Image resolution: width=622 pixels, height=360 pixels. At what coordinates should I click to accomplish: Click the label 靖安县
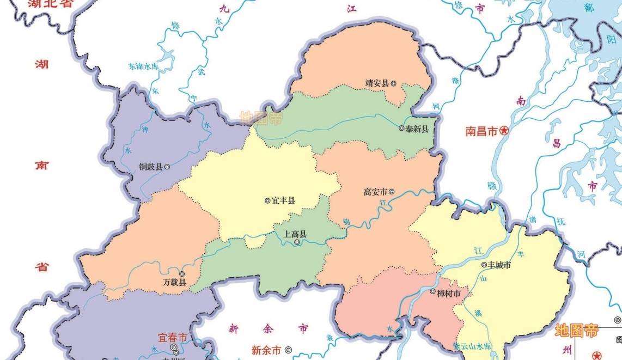pos(377,83)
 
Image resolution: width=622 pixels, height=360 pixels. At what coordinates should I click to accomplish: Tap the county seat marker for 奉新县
pos(401,129)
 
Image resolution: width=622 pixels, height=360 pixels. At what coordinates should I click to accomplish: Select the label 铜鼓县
pos(151,167)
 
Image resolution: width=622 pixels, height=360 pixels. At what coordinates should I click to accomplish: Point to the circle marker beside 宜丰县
pos(267,200)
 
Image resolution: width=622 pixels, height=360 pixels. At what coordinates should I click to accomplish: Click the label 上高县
pos(295,234)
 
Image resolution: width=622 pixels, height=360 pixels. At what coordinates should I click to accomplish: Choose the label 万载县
pos(174,282)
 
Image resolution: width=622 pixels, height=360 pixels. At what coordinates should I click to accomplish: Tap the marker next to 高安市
pos(392,192)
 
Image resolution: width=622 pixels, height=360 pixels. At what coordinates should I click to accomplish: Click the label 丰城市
pos(499,265)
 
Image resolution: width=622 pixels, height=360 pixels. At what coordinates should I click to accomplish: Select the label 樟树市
pos(449,292)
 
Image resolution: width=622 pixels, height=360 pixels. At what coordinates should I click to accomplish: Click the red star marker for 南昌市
pos(504,131)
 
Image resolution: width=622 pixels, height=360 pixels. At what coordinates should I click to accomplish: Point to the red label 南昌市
pos(481,131)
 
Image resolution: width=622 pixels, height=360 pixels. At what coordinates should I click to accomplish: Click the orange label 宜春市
pos(172,338)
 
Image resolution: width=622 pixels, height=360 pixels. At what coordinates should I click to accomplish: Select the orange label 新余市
pos(266,350)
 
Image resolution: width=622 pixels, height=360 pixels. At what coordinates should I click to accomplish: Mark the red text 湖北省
pos(51,4)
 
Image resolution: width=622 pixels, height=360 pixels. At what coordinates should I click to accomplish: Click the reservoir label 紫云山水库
pos(472,346)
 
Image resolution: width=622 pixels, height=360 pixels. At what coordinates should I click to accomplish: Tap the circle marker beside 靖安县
pos(393,83)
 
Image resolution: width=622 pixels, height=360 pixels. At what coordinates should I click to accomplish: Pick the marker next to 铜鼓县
pos(167,167)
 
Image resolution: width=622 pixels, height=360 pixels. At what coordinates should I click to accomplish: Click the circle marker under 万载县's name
pos(182,274)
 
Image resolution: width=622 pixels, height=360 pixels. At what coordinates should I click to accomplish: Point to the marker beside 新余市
pos(288,350)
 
